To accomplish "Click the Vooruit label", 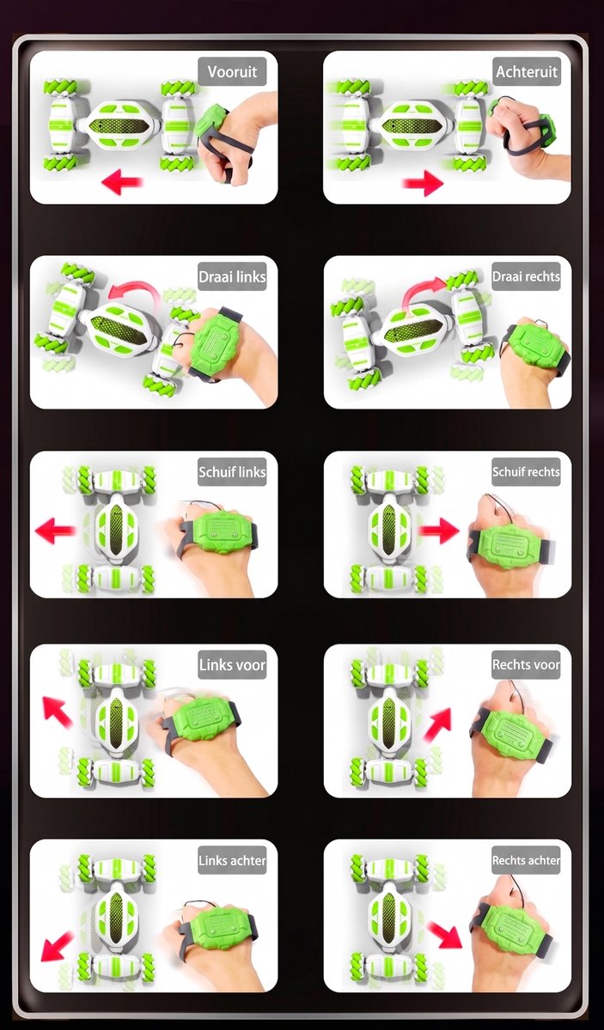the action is tap(232, 72).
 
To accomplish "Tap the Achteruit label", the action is tap(527, 72).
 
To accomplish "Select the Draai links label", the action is tap(232, 276).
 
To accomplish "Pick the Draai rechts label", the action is tap(526, 276).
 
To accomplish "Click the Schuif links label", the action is tap(232, 472).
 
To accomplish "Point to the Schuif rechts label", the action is tap(526, 472).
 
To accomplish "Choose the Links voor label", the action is tap(232, 665).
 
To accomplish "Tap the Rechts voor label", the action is tap(526, 665).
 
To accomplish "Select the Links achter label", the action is tap(232, 860).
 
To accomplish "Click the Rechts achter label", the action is tap(526, 860).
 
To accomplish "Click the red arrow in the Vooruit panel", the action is tap(122, 182).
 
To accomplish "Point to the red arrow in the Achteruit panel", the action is tap(423, 183).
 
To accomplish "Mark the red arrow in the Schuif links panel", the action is tap(55, 530).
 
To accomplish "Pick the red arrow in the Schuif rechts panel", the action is tap(439, 530).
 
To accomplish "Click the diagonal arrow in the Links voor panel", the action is tap(57, 712).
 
